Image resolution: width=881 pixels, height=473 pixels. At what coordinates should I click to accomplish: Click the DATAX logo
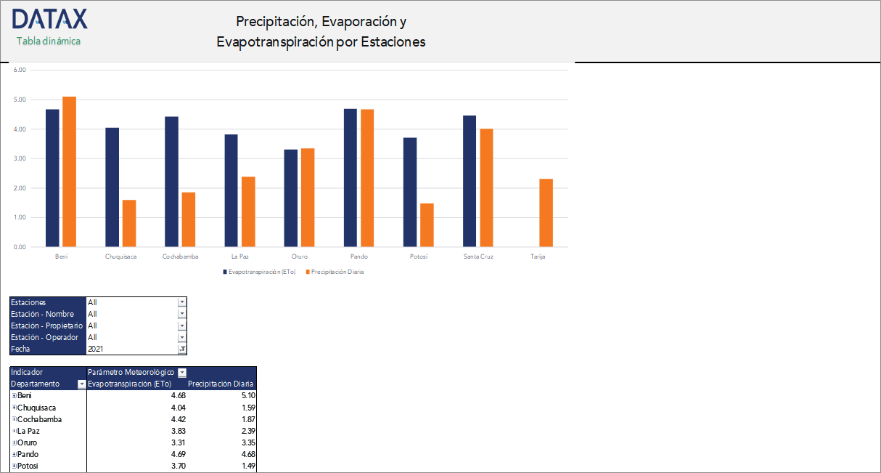49,19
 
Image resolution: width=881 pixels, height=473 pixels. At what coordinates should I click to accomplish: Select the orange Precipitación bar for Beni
69,171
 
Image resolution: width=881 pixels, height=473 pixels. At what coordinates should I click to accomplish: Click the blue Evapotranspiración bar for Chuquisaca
112,187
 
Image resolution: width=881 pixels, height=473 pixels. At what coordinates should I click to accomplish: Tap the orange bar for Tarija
546,212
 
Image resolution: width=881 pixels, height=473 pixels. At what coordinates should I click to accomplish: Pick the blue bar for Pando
351,177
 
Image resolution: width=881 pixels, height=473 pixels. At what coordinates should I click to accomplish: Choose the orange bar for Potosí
427,225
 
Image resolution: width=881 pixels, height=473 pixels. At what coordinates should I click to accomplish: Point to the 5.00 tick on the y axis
20,100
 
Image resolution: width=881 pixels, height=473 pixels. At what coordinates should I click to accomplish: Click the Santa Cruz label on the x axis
478,256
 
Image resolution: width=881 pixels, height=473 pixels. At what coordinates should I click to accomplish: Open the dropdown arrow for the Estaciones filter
182,302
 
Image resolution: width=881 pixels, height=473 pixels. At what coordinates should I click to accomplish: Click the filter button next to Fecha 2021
182,349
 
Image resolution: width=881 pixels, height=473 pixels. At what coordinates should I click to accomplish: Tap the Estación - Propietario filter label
46,326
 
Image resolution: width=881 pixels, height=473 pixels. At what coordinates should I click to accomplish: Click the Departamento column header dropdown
81,384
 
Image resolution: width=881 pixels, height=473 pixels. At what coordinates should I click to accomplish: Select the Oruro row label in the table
28,442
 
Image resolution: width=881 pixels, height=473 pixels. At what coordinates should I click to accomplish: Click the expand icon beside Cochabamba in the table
14,419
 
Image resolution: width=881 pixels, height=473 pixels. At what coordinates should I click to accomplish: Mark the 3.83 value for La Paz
177,431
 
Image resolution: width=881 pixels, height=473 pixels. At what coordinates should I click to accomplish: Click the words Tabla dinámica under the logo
49,41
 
